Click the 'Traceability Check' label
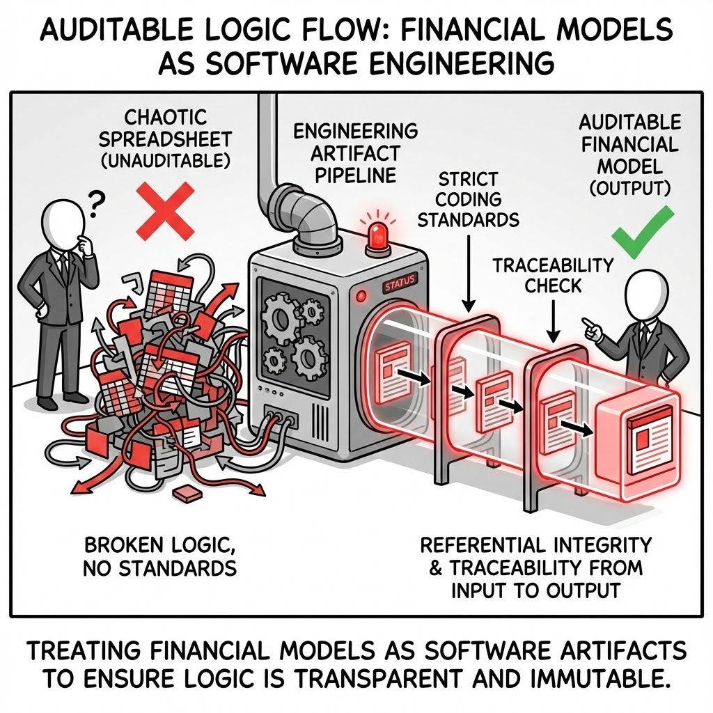click(x=554, y=275)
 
